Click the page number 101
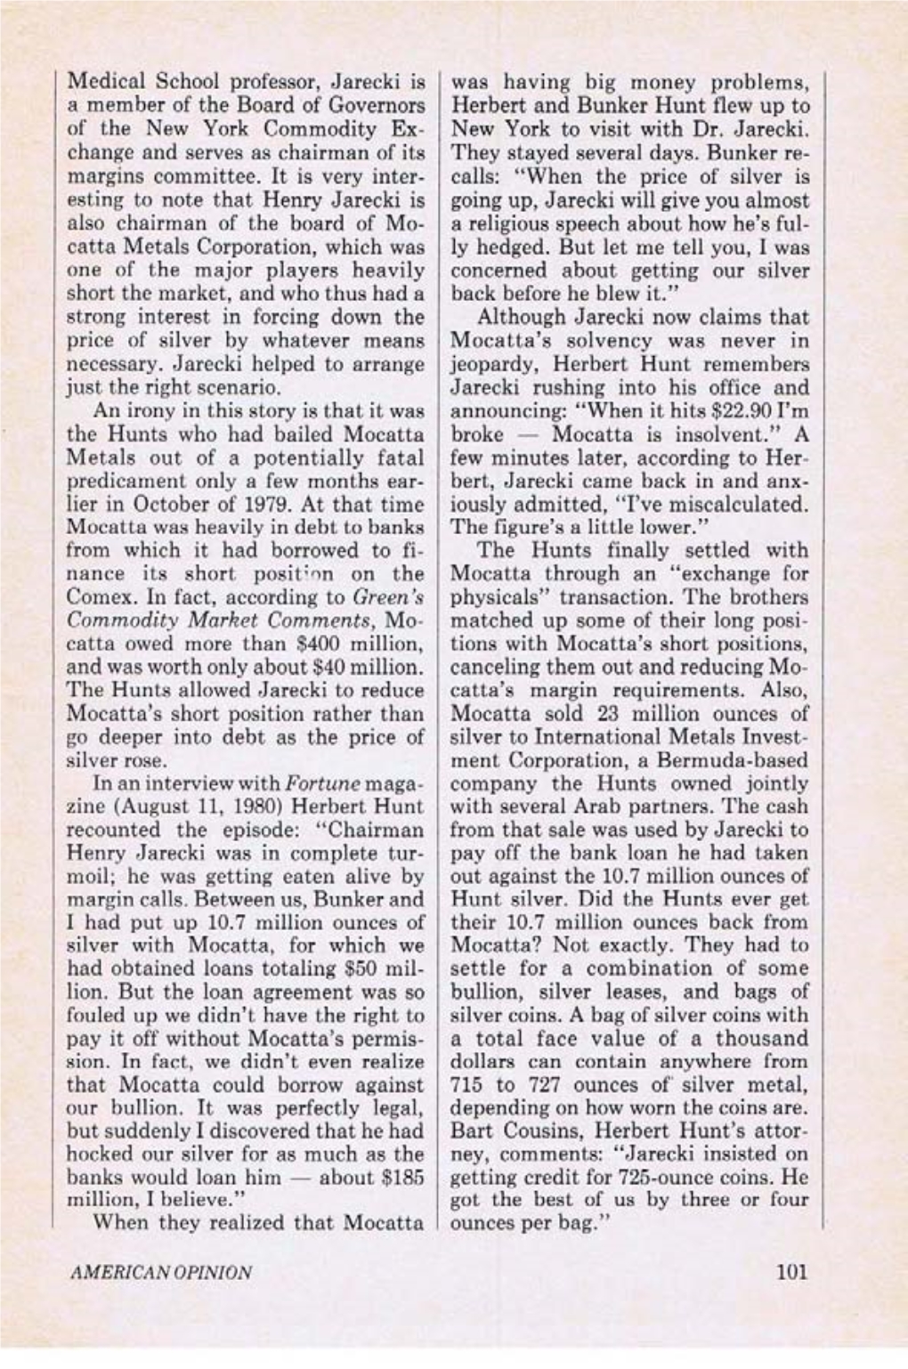point(790,1272)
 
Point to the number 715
point(469,1085)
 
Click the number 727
point(541,1085)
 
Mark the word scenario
point(240,388)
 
